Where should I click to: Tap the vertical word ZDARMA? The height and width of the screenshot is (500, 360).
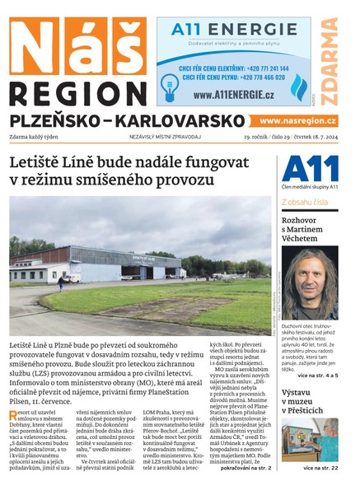tap(330, 62)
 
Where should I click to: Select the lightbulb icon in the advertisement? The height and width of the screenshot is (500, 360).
tap(171, 85)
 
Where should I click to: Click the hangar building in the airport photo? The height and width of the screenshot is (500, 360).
tap(124, 261)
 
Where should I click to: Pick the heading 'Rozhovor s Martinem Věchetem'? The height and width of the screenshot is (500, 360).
tap(309, 228)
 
